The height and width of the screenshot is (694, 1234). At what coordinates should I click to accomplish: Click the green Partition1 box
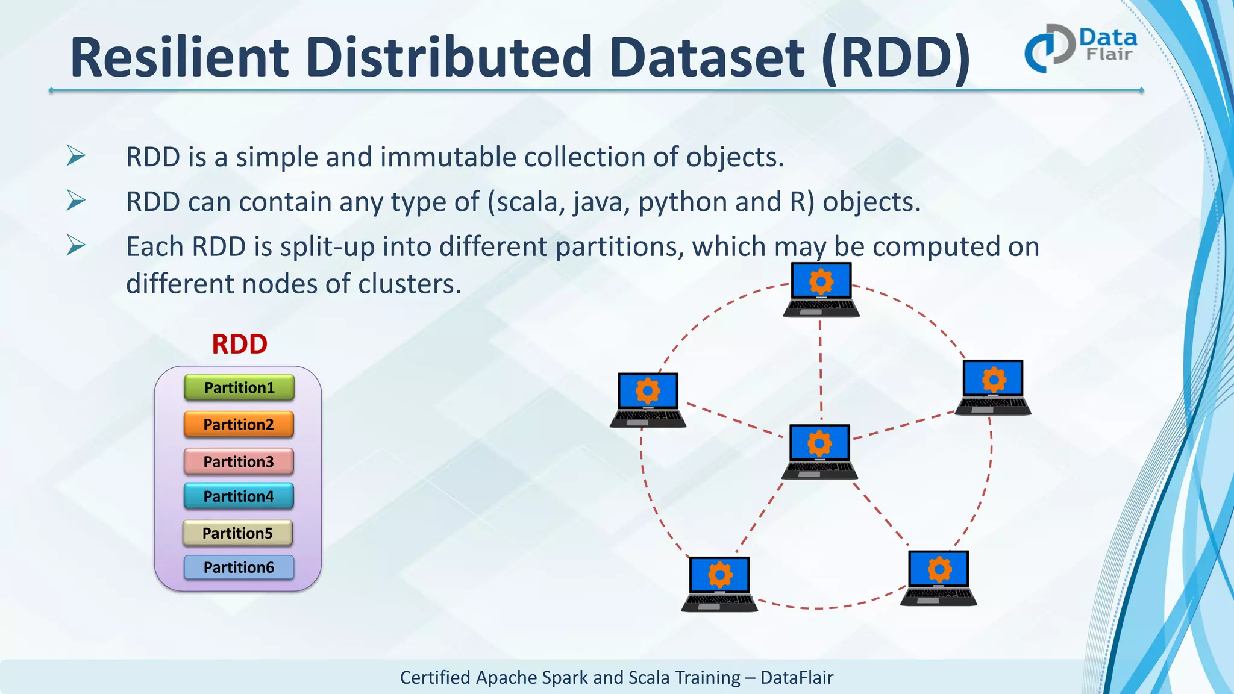(239, 387)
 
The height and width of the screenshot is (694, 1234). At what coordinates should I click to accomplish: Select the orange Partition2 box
(239, 425)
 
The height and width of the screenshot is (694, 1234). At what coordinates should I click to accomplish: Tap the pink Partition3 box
(239, 461)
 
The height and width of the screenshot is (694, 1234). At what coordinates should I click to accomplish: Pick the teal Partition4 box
(239, 496)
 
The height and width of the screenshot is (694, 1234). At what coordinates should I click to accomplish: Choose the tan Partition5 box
(237, 533)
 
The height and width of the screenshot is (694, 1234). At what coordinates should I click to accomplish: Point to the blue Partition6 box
(239, 567)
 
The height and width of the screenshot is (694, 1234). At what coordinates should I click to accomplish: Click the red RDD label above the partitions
(239, 345)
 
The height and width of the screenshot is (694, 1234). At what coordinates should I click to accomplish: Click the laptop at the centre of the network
(819, 451)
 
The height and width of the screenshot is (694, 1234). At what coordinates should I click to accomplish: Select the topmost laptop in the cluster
(821, 289)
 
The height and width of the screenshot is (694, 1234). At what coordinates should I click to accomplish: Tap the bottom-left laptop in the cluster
(719, 583)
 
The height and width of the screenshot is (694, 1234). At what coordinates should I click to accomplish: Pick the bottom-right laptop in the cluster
(938, 577)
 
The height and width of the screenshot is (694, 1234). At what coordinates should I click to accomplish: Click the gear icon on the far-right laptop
(994, 380)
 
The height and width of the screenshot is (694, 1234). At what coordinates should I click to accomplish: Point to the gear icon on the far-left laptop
(648, 391)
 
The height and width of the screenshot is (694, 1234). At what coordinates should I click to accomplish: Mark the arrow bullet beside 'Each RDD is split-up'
(76, 245)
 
